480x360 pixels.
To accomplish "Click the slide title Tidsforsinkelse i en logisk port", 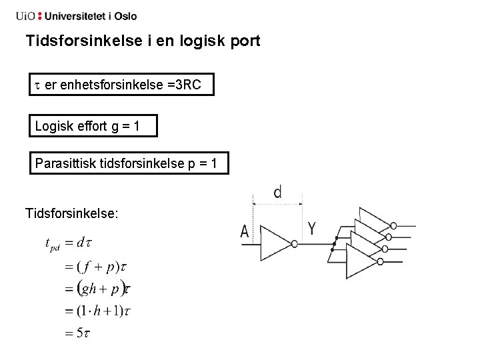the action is click(x=143, y=41).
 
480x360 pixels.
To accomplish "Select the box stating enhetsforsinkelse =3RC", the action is click(x=122, y=85).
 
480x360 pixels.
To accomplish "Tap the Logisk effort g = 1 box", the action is click(x=93, y=125).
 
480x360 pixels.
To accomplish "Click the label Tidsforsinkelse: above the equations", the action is click(x=72, y=213).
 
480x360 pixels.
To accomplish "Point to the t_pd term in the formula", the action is click(x=52, y=243).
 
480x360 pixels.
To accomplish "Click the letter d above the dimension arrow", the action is click(x=277, y=193).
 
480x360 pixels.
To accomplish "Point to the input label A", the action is click(x=245, y=233).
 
